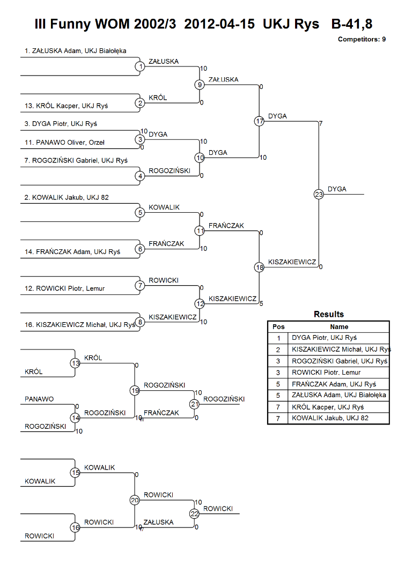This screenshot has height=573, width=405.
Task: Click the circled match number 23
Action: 319,194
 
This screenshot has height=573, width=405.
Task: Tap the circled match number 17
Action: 259,121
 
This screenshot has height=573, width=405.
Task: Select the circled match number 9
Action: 200,85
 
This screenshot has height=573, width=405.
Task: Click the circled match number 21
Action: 194,404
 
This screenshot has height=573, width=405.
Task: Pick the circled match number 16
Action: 75,527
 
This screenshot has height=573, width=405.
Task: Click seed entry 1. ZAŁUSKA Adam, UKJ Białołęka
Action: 75,51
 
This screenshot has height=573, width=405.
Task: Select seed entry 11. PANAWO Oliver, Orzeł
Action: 64,143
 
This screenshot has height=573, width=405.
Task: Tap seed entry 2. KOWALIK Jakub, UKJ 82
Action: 67,197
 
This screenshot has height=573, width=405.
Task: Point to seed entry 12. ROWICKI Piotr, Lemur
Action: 64,288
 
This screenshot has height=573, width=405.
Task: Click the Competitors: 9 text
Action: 362,39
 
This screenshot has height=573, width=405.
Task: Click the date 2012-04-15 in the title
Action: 219,24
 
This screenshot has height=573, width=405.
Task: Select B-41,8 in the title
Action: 351,24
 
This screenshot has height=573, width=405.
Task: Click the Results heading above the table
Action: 328,314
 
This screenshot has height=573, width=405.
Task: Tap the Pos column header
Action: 278,326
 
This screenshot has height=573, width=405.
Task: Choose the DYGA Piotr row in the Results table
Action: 324,338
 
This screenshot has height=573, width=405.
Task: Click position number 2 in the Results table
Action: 278,349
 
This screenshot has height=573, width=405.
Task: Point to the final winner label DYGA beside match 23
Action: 337,189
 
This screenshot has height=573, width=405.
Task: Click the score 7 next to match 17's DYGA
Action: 320,123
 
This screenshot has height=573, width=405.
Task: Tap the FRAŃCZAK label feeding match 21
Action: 161,413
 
